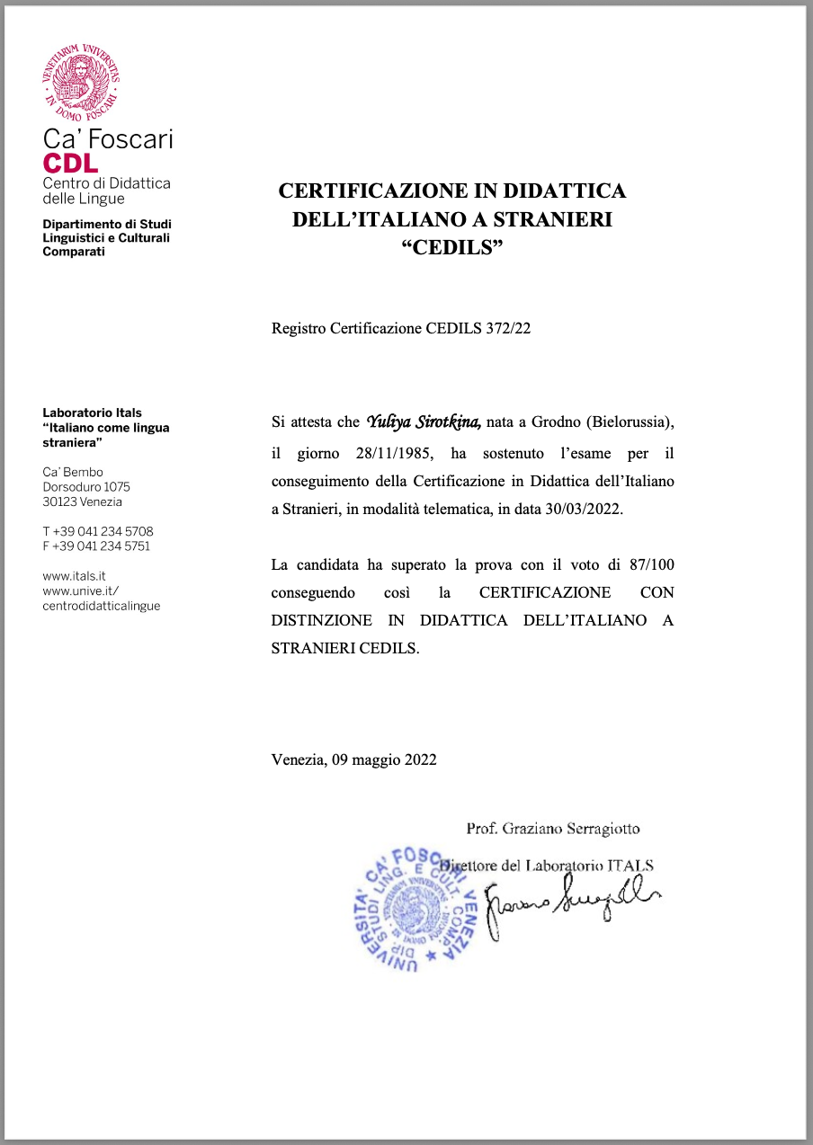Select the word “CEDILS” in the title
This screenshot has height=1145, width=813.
coord(451,247)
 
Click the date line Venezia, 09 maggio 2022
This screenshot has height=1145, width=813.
coord(353,759)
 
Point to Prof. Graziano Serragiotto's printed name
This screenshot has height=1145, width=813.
coord(552,829)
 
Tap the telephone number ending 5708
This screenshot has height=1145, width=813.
coord(98,531)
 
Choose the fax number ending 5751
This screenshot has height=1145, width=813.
coord(96,546)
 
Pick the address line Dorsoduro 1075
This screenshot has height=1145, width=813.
coord(86,487)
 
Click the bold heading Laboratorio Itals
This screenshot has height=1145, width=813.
coord(92,413)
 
